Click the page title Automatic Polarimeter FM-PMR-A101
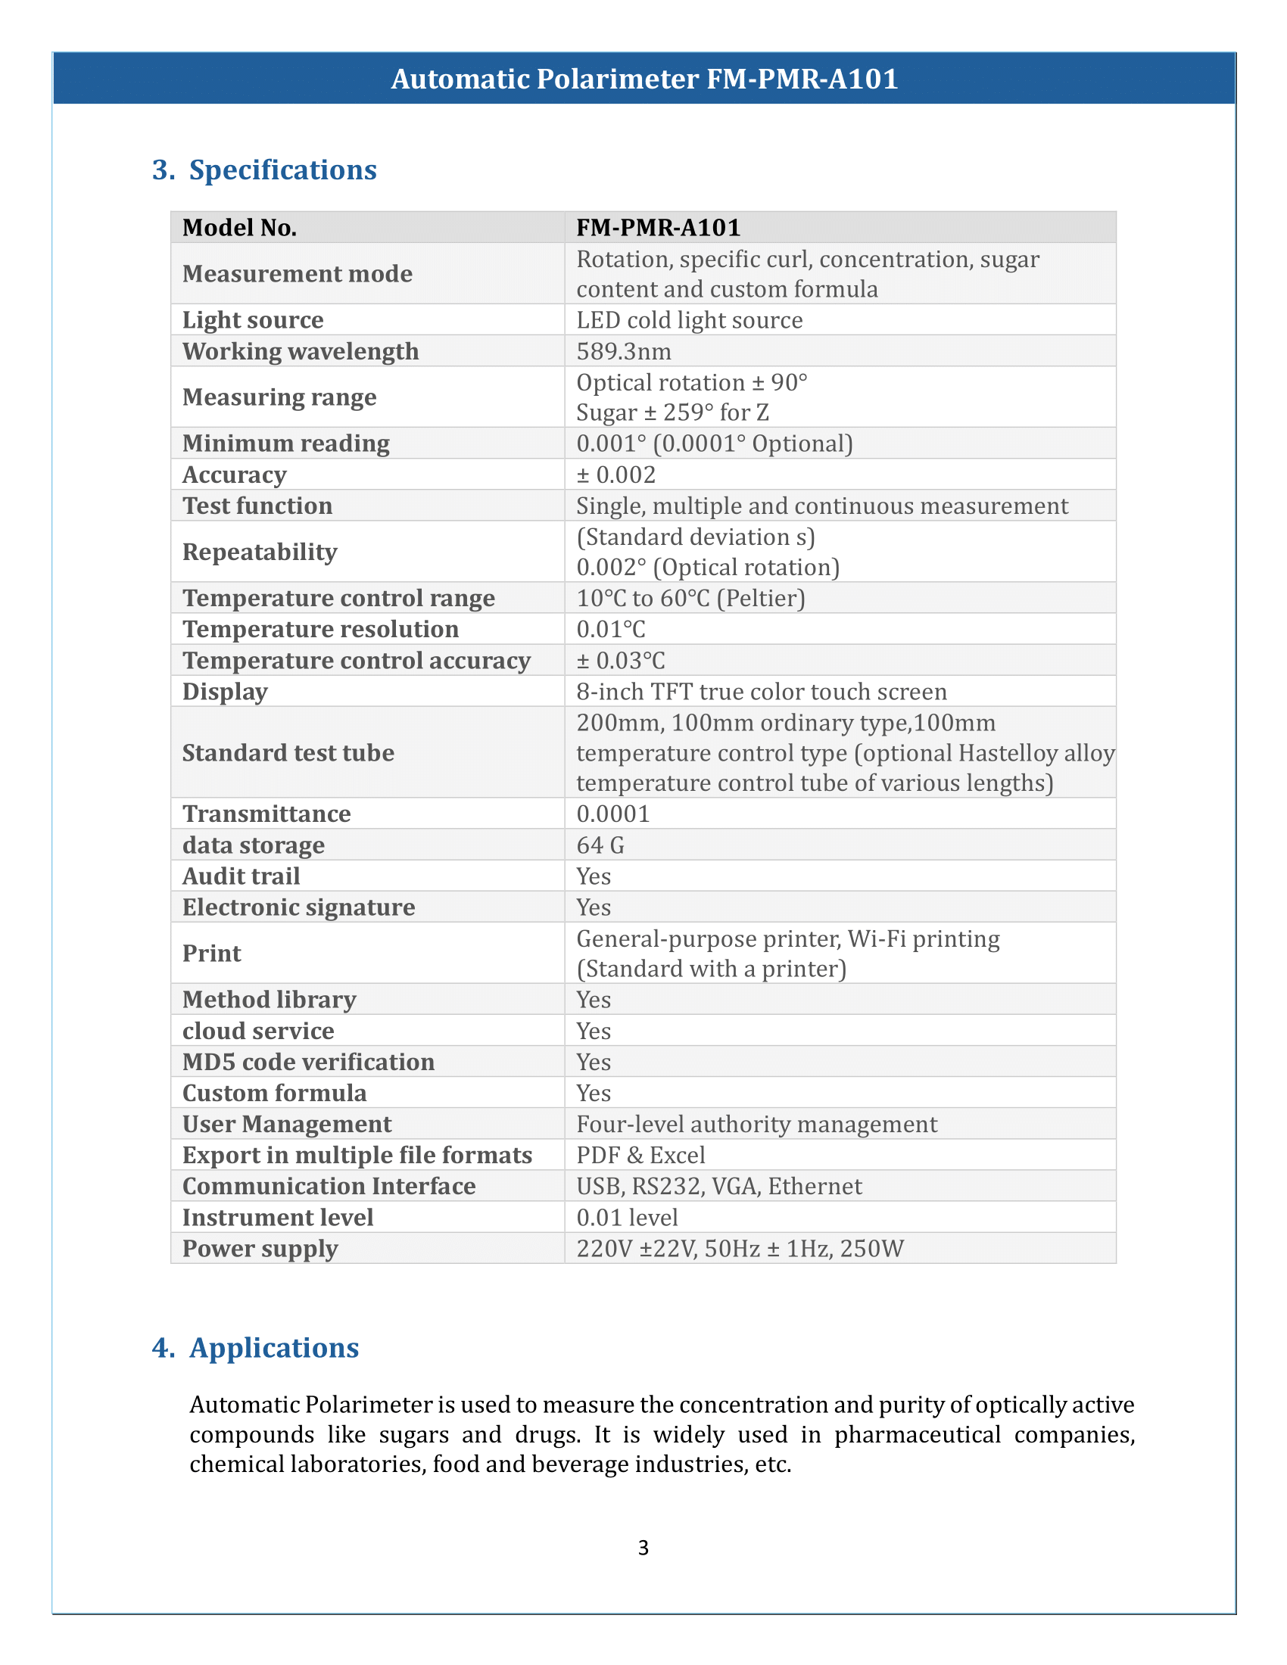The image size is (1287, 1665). pyautogui.click(x=644, y=79)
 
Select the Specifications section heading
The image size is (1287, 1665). pyautogui.click(x=282, y=170)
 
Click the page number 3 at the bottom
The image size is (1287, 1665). pyautogui.click(x=643, y=1547)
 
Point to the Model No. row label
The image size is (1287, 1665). pyautogui.click(x=239, y=228)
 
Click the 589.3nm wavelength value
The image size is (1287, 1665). pyautogui.click(x=624, y=351)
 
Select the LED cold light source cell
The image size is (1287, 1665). pyautogui.click(x=689, y=320)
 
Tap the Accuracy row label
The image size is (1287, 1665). pyautogui.click(x=234, y=475)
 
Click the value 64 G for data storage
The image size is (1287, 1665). pyautogui.click(x=600, y=845)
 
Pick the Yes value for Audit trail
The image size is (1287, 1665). pyautogui.click(x=594, y=876)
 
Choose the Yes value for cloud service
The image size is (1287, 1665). pyautogui.click(x=594, y=1032)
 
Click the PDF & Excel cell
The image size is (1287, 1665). pyautogui.click(x=640, y=1156)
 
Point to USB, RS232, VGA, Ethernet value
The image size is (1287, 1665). pyautogui.click(x=719, y=1187)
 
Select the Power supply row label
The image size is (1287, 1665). pyautogui.click(x=260, y=1249)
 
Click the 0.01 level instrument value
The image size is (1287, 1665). pyautogui.click(x=627, y=1218)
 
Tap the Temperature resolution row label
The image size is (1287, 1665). pyautogui.click(x=320, y=630)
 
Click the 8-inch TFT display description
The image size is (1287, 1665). pyautogui.click(x=761, y=692)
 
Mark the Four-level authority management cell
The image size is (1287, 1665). pyautogui.click(x=756, y=1125)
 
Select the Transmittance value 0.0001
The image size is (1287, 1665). pyautogui.click(x=613, y=814)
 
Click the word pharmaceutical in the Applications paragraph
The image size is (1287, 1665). pyautogui.click(x=918, y=1435)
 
